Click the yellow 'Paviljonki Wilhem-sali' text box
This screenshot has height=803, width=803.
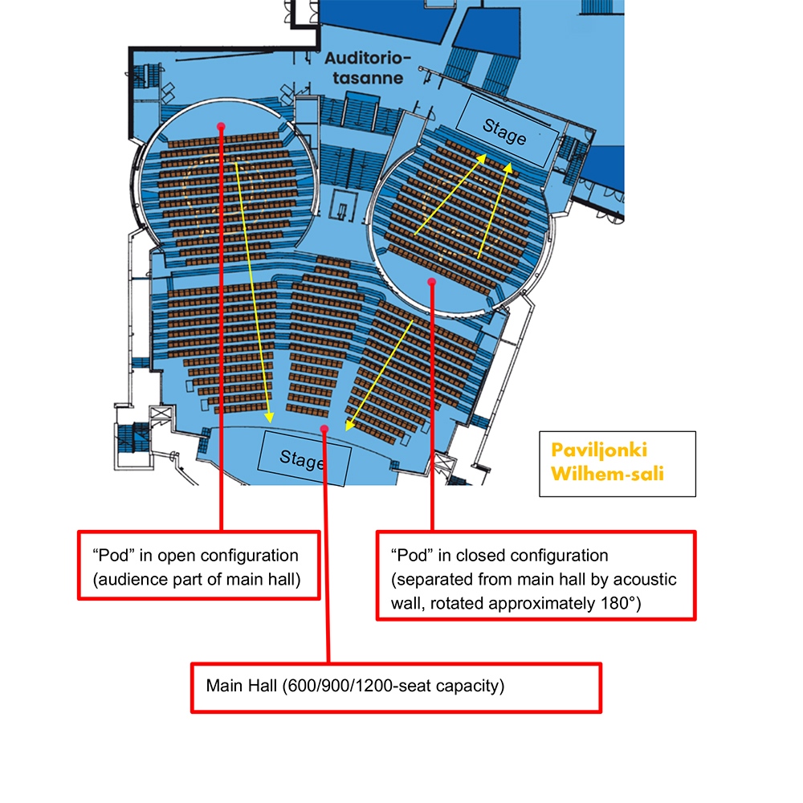(x=617, y=463)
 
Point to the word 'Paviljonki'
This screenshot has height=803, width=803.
(x=598, y=450)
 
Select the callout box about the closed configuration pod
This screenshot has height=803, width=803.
(x=536, y=574)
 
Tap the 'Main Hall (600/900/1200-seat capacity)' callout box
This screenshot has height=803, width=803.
(x=396, y=687)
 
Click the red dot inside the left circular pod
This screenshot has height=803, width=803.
(x=221, y=126)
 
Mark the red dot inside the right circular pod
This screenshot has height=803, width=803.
(x=432, y=281)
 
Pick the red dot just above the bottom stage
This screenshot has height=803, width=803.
(x=324, y=429)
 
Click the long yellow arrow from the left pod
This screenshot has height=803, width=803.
(x=254, y=289)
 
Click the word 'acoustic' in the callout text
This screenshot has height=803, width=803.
(x=647, y=580)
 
